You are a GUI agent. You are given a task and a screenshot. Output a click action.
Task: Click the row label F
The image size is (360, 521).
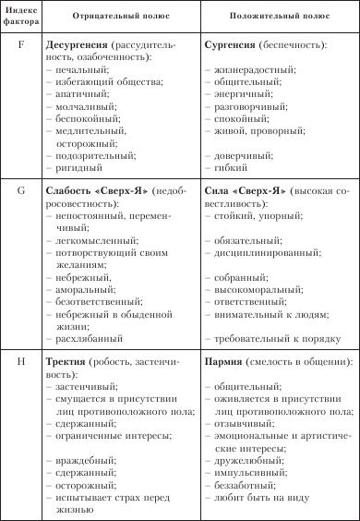20,43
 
